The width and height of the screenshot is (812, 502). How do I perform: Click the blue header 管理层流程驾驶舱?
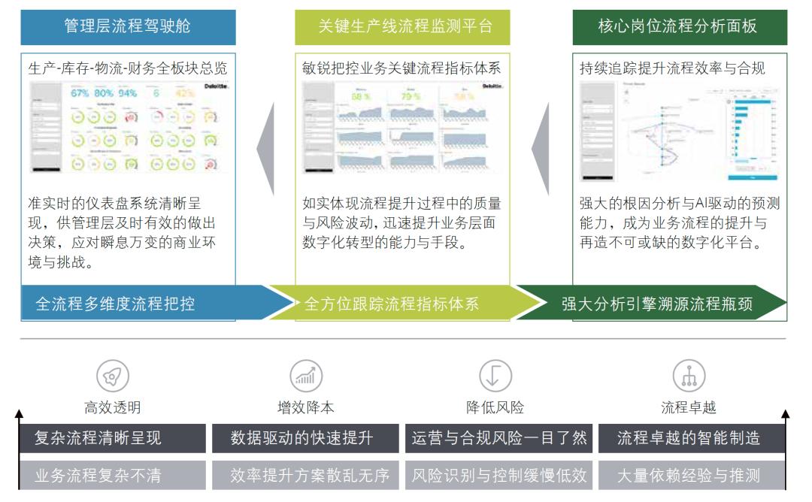tap(128, 27)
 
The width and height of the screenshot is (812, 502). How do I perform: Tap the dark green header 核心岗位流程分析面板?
tap(680, 27)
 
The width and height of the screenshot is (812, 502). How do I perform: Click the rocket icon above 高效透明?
tap(112, 376)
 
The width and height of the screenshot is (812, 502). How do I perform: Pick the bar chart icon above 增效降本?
tap(306, 376)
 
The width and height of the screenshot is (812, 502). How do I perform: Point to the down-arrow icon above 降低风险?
tap(495, 376)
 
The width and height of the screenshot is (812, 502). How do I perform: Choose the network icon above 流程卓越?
tap(688, 376)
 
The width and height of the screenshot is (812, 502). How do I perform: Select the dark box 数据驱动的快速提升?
tap(305, 438)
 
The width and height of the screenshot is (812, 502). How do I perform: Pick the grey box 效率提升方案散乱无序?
tap(305, 475)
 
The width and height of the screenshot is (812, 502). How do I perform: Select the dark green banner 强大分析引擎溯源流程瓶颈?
tap(654, 304)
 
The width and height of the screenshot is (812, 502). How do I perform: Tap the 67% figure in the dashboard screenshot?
tap(80, 93)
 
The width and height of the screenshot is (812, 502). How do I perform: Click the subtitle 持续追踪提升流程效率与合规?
tap(672, 68)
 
